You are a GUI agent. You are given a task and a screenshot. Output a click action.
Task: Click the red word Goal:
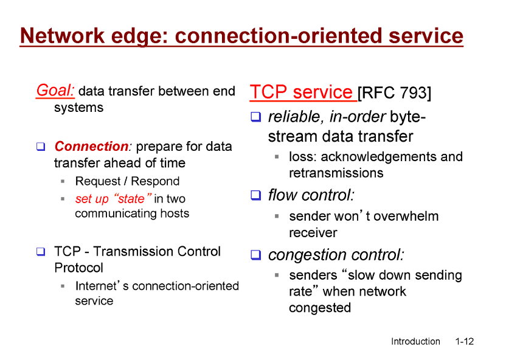[55, 91]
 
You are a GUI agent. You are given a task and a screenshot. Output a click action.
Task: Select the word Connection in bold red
[91, 146]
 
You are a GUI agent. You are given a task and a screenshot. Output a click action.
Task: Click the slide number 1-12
[464, 341]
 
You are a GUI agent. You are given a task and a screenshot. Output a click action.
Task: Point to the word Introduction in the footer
[415, 341]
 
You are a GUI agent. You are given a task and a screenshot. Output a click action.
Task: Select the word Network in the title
[63, 35]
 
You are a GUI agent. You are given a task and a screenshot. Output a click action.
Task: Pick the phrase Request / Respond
[127, 181]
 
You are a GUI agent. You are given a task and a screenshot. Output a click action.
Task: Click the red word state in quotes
[131, 199]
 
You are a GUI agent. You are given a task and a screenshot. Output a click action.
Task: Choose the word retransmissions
[336, 173]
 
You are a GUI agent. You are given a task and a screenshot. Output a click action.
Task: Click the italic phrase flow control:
[311, 195]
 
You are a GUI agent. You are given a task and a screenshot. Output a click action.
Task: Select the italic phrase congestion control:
[336, 255]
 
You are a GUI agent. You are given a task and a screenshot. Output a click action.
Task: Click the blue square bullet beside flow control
[255, 195]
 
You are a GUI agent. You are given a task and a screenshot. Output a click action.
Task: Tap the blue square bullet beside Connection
[41, 147]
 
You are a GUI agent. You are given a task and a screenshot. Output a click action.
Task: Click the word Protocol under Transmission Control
[78, 268]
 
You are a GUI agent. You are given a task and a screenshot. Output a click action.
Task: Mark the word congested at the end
[320, 308]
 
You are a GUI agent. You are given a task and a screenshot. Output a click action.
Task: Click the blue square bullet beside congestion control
[255, 255]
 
